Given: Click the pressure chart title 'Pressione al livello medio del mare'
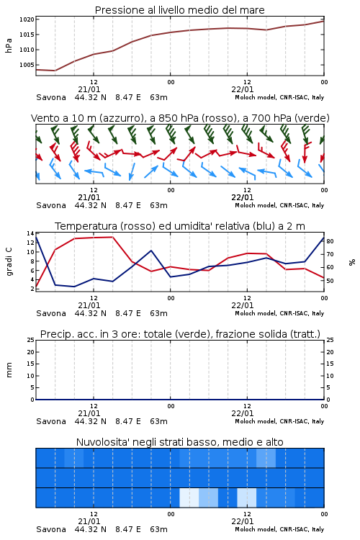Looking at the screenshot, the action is (179, 10).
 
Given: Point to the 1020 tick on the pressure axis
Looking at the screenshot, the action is (27, 19).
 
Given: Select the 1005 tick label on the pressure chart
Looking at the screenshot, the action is (27, 65).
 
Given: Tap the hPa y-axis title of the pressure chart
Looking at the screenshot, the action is (9, 45).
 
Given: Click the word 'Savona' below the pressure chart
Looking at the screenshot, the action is (51, 97).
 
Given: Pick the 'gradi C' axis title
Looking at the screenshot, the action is (9, 261).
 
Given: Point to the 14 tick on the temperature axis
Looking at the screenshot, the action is (30, 233).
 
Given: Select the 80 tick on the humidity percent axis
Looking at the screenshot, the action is (330, 241).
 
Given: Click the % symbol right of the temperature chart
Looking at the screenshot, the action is (352, 262).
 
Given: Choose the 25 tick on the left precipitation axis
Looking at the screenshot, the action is (31, 340).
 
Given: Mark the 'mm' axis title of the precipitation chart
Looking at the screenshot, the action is (9, 370).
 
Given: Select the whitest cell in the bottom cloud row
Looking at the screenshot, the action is (189, 498).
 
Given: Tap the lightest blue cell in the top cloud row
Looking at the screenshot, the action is (266, 458).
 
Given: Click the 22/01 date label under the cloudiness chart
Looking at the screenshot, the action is (243, 521).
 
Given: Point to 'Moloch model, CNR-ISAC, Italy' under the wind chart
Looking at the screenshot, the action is (279, 205).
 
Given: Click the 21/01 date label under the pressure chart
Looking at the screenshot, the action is (89, 89).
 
